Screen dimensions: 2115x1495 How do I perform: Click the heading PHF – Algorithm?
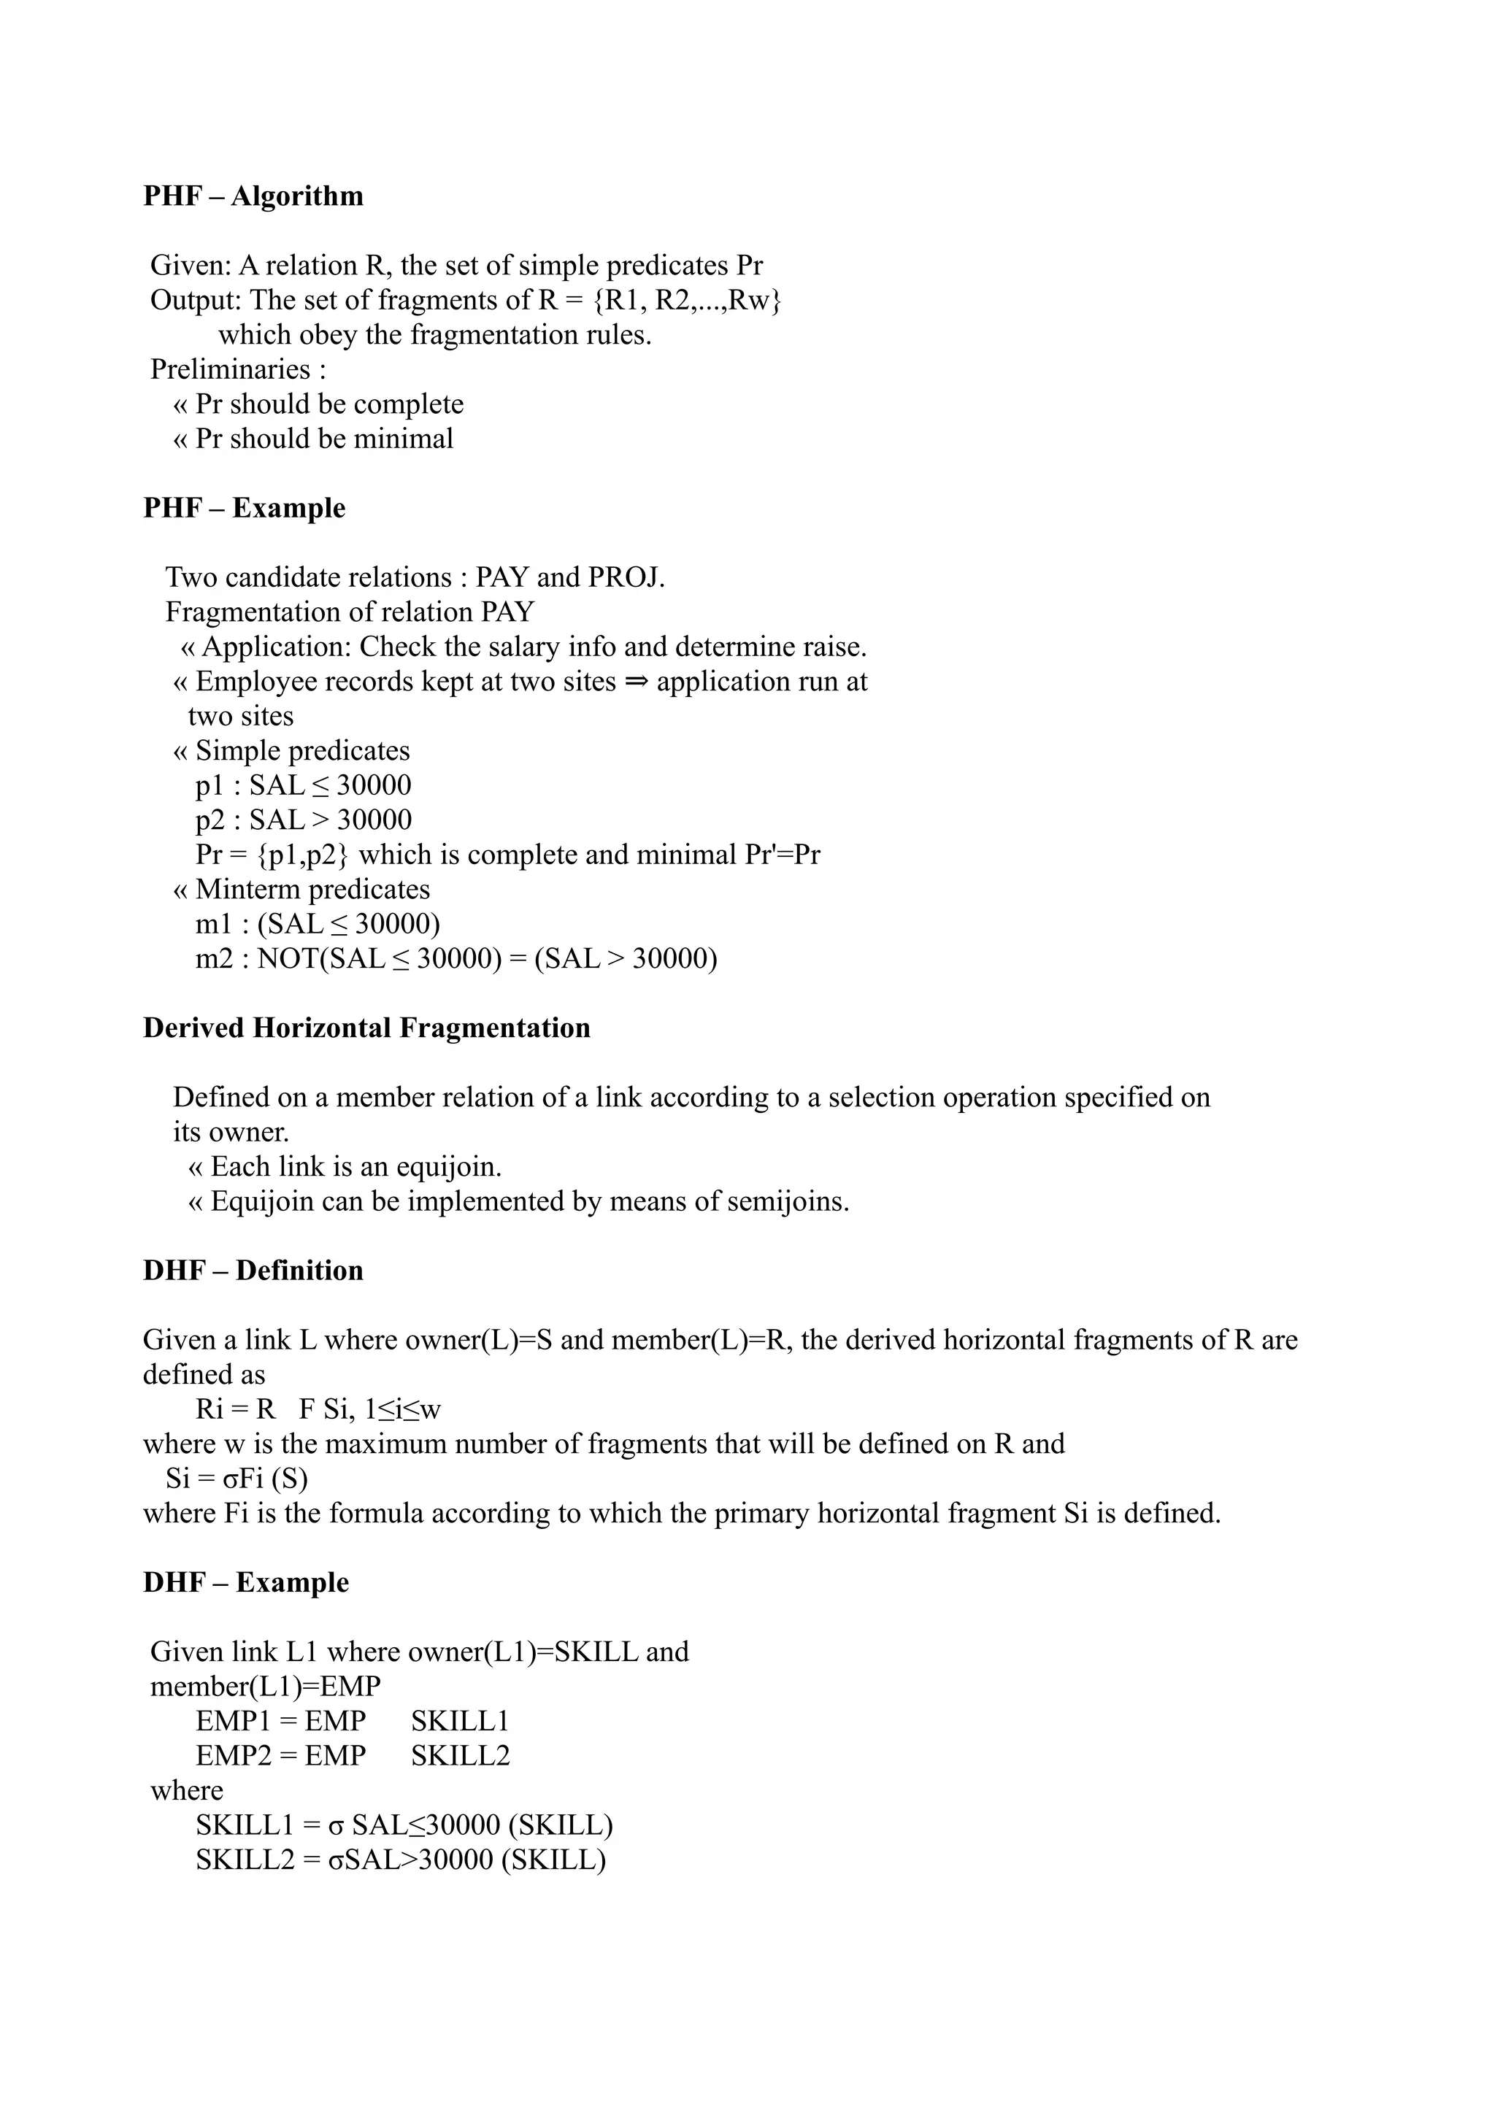coord(253,196)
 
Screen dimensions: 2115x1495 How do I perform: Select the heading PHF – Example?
coord(244,509)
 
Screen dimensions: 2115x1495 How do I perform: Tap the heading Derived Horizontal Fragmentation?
coord(366,1028)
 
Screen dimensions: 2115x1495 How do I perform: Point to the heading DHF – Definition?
coord(253,1271)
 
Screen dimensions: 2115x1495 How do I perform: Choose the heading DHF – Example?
coord(246,1582)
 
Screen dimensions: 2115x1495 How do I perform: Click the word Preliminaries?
coord(230,369)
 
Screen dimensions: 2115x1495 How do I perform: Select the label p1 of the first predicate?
coord(211,786)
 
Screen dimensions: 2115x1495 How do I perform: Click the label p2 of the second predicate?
coord(211,820)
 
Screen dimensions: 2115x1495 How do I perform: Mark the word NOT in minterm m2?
coord(288,959)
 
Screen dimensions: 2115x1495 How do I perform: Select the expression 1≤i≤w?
coord(404,1409)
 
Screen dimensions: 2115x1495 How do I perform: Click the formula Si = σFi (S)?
coord(237,1479)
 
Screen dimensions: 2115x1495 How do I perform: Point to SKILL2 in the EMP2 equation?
coord(461,1756)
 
